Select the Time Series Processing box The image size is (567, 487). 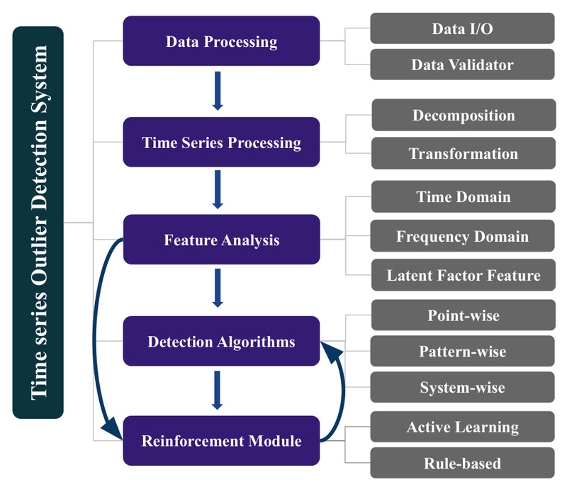point(221,142)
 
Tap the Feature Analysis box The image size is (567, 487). point(221,240)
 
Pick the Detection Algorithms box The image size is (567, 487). point(221,342)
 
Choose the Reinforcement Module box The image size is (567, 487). point(221,441)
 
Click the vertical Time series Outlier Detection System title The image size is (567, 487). point(38,222)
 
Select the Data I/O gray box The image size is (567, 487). point(462,29)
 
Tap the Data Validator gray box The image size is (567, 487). point(462,65)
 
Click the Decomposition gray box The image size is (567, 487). point(464,116)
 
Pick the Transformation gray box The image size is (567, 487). point(464,153)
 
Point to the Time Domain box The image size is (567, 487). point(464,197)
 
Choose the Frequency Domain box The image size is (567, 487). point(464,236)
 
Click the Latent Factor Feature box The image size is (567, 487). point(464,275)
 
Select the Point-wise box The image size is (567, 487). point(464,315)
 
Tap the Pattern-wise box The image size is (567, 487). point(464,352)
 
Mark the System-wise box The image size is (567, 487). point(464,388)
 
